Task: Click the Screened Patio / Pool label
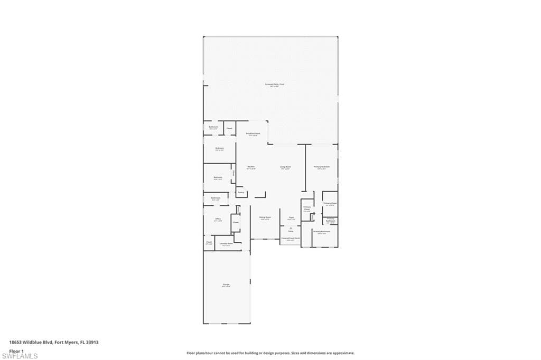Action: (x=274, y=84)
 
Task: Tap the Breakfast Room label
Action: (x=253, y=134)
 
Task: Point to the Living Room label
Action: (x=285, y=167)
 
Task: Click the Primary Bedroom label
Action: (x=322, y=167)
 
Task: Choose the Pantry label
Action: (x=240, y=193)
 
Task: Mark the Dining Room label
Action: (x=265, y=217)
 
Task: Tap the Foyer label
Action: (x=291, y=217)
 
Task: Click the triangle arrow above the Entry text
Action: (x=291, y=227)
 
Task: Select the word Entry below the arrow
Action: (x=291, y=231)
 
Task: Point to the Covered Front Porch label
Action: (x=291, y=239)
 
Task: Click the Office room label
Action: (x=218, y=218)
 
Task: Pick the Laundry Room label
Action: (x=226, y=243)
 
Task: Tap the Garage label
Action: (x=226, y=285)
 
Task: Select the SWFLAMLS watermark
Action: (x=20, y=356)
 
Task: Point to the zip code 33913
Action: (x=93, y=342)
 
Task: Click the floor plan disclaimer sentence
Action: (x=270, y=353)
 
